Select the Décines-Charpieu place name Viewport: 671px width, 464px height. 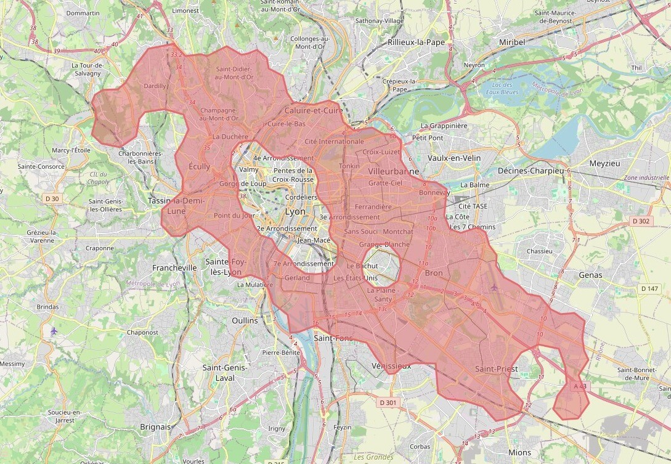(x=531, y=170)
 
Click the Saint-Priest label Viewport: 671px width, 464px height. (x=496, y=368)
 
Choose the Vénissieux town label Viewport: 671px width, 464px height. (x=391, y=365)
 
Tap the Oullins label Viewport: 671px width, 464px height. (x=245, y=320)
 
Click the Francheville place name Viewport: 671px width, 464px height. (x=174, y=267)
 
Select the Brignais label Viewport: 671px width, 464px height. (x=155, y=426)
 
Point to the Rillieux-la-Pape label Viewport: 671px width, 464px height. (x=416, y=43)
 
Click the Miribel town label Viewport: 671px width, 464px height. (x=512, y=42)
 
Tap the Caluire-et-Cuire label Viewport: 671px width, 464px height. (x=314, y=110)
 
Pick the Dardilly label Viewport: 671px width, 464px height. (x=155, y=86)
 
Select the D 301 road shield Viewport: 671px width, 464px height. (x=388, y=402)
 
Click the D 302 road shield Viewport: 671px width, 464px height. (x=640, y=221)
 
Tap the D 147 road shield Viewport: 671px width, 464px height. (x=649, y=288)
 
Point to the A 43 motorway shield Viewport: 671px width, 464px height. (x=580, y=386)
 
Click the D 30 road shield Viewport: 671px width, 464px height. (x=52, y=198)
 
